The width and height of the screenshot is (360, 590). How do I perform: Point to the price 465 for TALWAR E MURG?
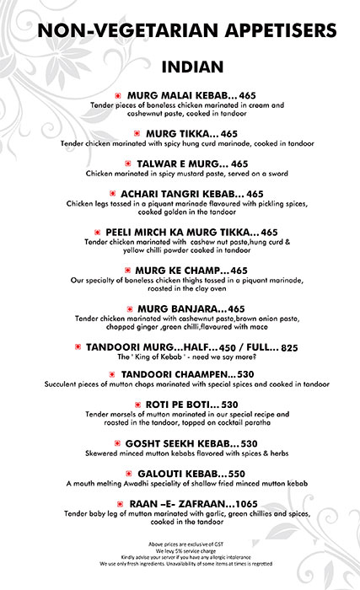[x=239, y=164]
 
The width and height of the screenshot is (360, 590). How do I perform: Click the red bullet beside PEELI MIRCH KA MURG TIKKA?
[x=99, y=232]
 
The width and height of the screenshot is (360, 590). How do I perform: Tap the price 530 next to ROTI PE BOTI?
[x=228, y=404]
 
